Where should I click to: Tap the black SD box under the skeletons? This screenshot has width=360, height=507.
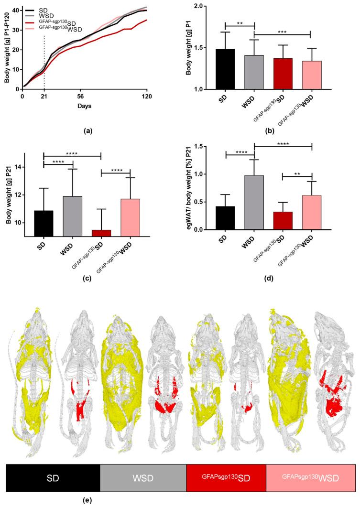(x=53, y=478)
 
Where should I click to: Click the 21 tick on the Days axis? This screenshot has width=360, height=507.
(x=44, y=96)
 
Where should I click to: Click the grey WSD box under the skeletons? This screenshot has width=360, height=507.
(x=143, y=478)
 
